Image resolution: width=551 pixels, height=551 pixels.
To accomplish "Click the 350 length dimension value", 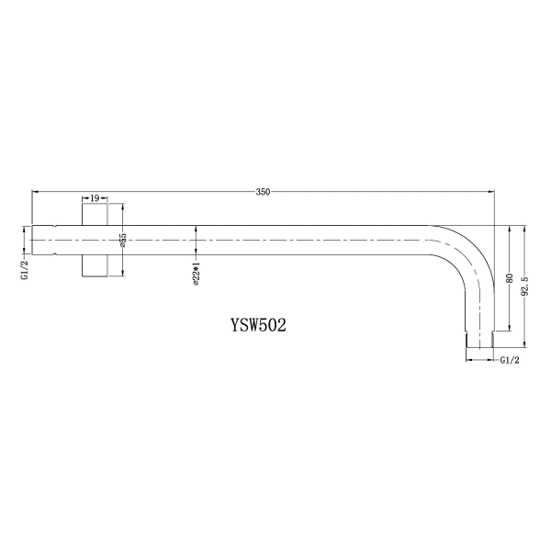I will (264, 192).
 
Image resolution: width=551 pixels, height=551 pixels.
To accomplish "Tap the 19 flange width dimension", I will (95, 197).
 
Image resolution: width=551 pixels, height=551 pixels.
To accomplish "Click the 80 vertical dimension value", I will (509, 279).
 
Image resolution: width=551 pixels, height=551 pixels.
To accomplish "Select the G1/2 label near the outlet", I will (511, 361).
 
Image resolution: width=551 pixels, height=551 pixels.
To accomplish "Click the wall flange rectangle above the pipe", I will (95, 216).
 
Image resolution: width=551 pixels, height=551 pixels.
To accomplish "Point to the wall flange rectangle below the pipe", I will (95, 264).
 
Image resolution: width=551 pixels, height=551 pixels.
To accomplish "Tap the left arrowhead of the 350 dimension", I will (35, 192).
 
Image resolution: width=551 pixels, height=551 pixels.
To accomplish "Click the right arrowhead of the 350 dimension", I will (490, 192).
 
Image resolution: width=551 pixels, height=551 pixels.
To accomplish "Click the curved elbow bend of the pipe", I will (464, 252).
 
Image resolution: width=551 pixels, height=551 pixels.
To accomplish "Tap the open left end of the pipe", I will (34, 241).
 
